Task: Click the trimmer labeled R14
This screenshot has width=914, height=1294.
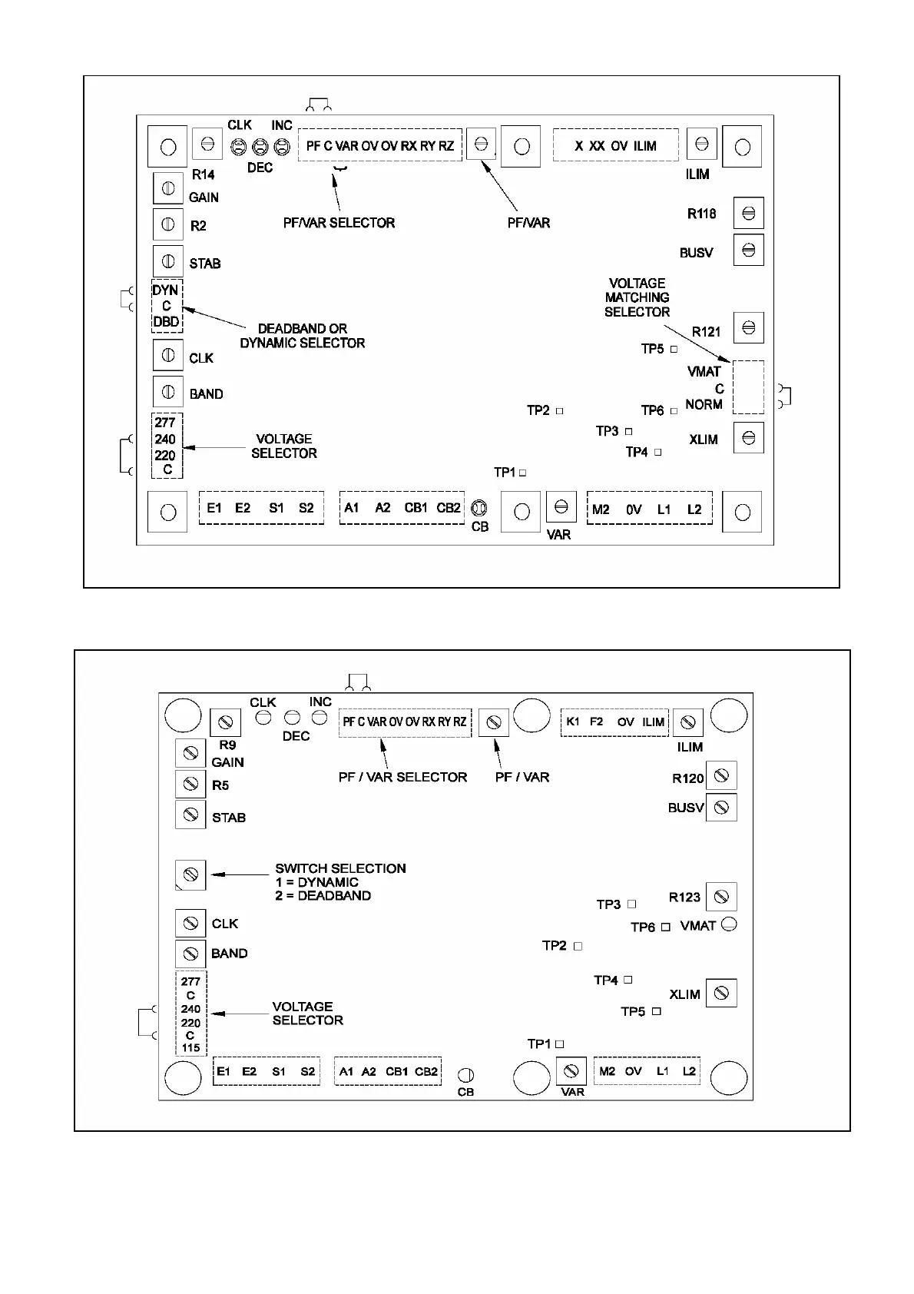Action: [x=207, y=144]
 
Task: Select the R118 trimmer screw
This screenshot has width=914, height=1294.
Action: [x=749, y=214]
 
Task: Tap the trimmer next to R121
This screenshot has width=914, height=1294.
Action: [x=749, y=328]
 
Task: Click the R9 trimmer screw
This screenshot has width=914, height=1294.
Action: [x=226, y=722]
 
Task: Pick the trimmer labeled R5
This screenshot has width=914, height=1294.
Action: [x=190, y=784]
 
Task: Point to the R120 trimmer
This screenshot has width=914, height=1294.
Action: [x=721, y=776]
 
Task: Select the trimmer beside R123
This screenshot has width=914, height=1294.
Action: [x=721, y=897]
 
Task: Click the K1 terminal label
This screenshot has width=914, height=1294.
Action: [x=573, y=722]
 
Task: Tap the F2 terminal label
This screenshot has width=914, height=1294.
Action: [x=597, y=722]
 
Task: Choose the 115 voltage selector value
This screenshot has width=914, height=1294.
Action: [x=190, y=1048]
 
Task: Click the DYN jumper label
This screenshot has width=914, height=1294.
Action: [x=166, y=290]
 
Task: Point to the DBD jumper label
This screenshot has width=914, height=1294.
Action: [x=166, y=322]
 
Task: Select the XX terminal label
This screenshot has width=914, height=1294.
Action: [x=597, y=146]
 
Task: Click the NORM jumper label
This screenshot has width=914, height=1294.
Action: [x=704, y=405]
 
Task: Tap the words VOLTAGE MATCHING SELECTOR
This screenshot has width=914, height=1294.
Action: [x=637, y=297]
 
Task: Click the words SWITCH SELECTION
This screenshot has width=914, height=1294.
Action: [x=340, y=868]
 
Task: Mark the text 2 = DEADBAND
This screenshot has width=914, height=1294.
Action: [x=323, y=896]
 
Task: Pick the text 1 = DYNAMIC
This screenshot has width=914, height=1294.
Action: [x=316, y=882]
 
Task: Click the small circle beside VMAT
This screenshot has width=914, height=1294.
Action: [x=730, y=924]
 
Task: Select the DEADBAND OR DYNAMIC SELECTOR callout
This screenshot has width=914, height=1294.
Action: [x=303, y=336]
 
